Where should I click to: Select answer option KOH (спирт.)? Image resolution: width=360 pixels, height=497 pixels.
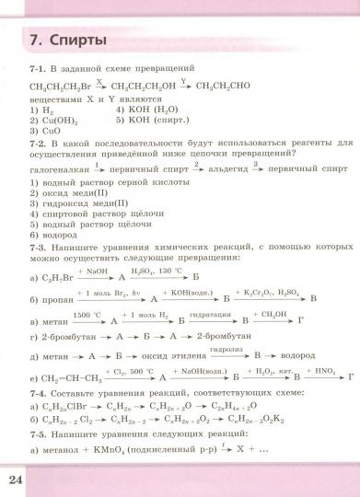[x=148, y=119]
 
